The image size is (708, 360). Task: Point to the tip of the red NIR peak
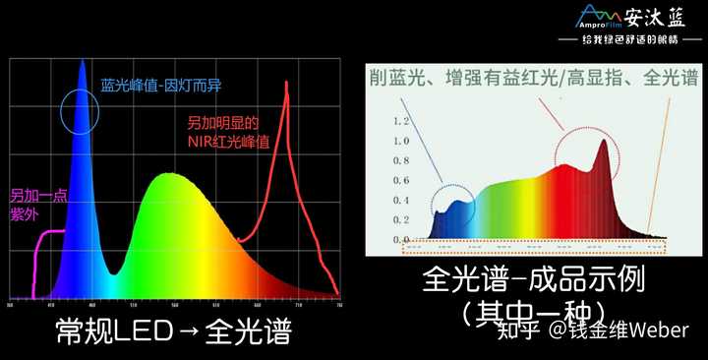[x=286, y=83]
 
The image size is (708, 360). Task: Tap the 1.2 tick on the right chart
[x=400, y=122]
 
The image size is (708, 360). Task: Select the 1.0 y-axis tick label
[x=400, y=141]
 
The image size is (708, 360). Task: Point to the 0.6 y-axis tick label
[x=400, y=180]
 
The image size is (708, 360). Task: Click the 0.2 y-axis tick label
[x=400, y=219]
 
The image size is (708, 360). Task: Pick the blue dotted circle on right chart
[x=452, y=202]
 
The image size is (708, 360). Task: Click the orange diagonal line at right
[x=666, y=157]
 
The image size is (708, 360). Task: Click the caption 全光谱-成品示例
[x=533, y=280]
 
